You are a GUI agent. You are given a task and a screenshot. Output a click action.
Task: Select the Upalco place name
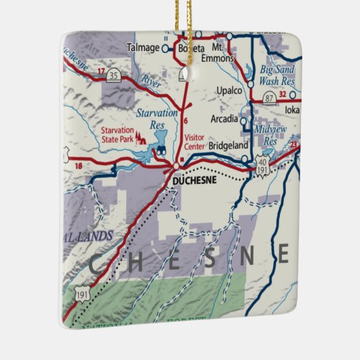point(229,90)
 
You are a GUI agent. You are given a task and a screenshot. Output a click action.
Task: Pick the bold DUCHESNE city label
point(194,181)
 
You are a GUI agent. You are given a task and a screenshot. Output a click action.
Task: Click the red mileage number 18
point(79,166)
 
